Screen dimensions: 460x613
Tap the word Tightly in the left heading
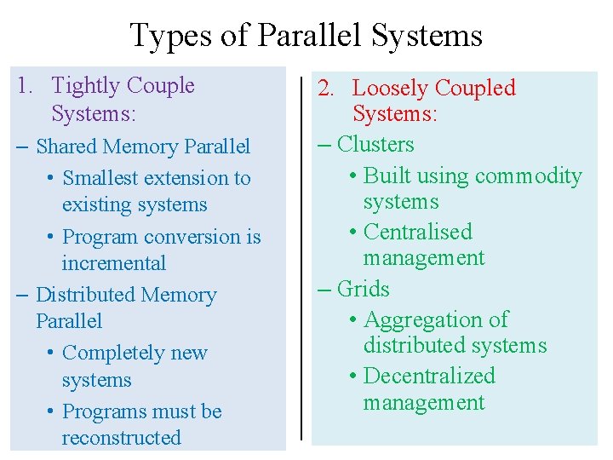85,86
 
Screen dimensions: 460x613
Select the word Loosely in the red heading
390,89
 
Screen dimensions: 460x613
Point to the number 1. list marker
26,86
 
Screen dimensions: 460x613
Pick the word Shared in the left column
66,147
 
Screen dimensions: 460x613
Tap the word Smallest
100,178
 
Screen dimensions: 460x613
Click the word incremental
113,263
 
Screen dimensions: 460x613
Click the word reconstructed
121,438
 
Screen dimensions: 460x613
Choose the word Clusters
375,144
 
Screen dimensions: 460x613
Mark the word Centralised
417,232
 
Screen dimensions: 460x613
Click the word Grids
364,289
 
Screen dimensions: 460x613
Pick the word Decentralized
428,376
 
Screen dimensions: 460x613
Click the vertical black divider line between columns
301,256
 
